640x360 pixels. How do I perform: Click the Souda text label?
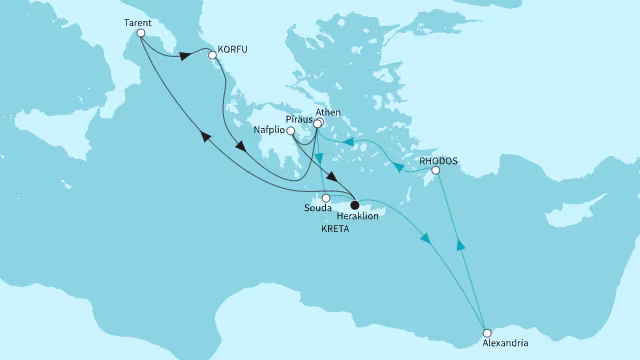pyautogui.click(x=316, y=210)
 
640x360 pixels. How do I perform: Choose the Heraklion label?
pyautogui.click(x=366, y=214)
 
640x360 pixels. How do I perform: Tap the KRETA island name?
pyautogui.click(x=335, y=229)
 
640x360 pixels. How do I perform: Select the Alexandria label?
pyautogui.click(x=488, y=346)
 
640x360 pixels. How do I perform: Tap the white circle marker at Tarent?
pyautogui.click(x=141, y=33)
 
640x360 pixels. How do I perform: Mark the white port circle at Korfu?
pyautogui.click(x=212, y=56)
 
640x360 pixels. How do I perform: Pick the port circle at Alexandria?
pyautogui.click(x=487, y=332)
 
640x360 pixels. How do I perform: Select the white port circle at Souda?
pyautogui.click(x=326, y=198)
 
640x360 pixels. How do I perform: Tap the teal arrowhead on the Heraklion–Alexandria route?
pyautogui.click(x=427, y=240)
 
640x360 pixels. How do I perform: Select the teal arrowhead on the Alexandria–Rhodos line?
pyautogui.click(x=460, y=244)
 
